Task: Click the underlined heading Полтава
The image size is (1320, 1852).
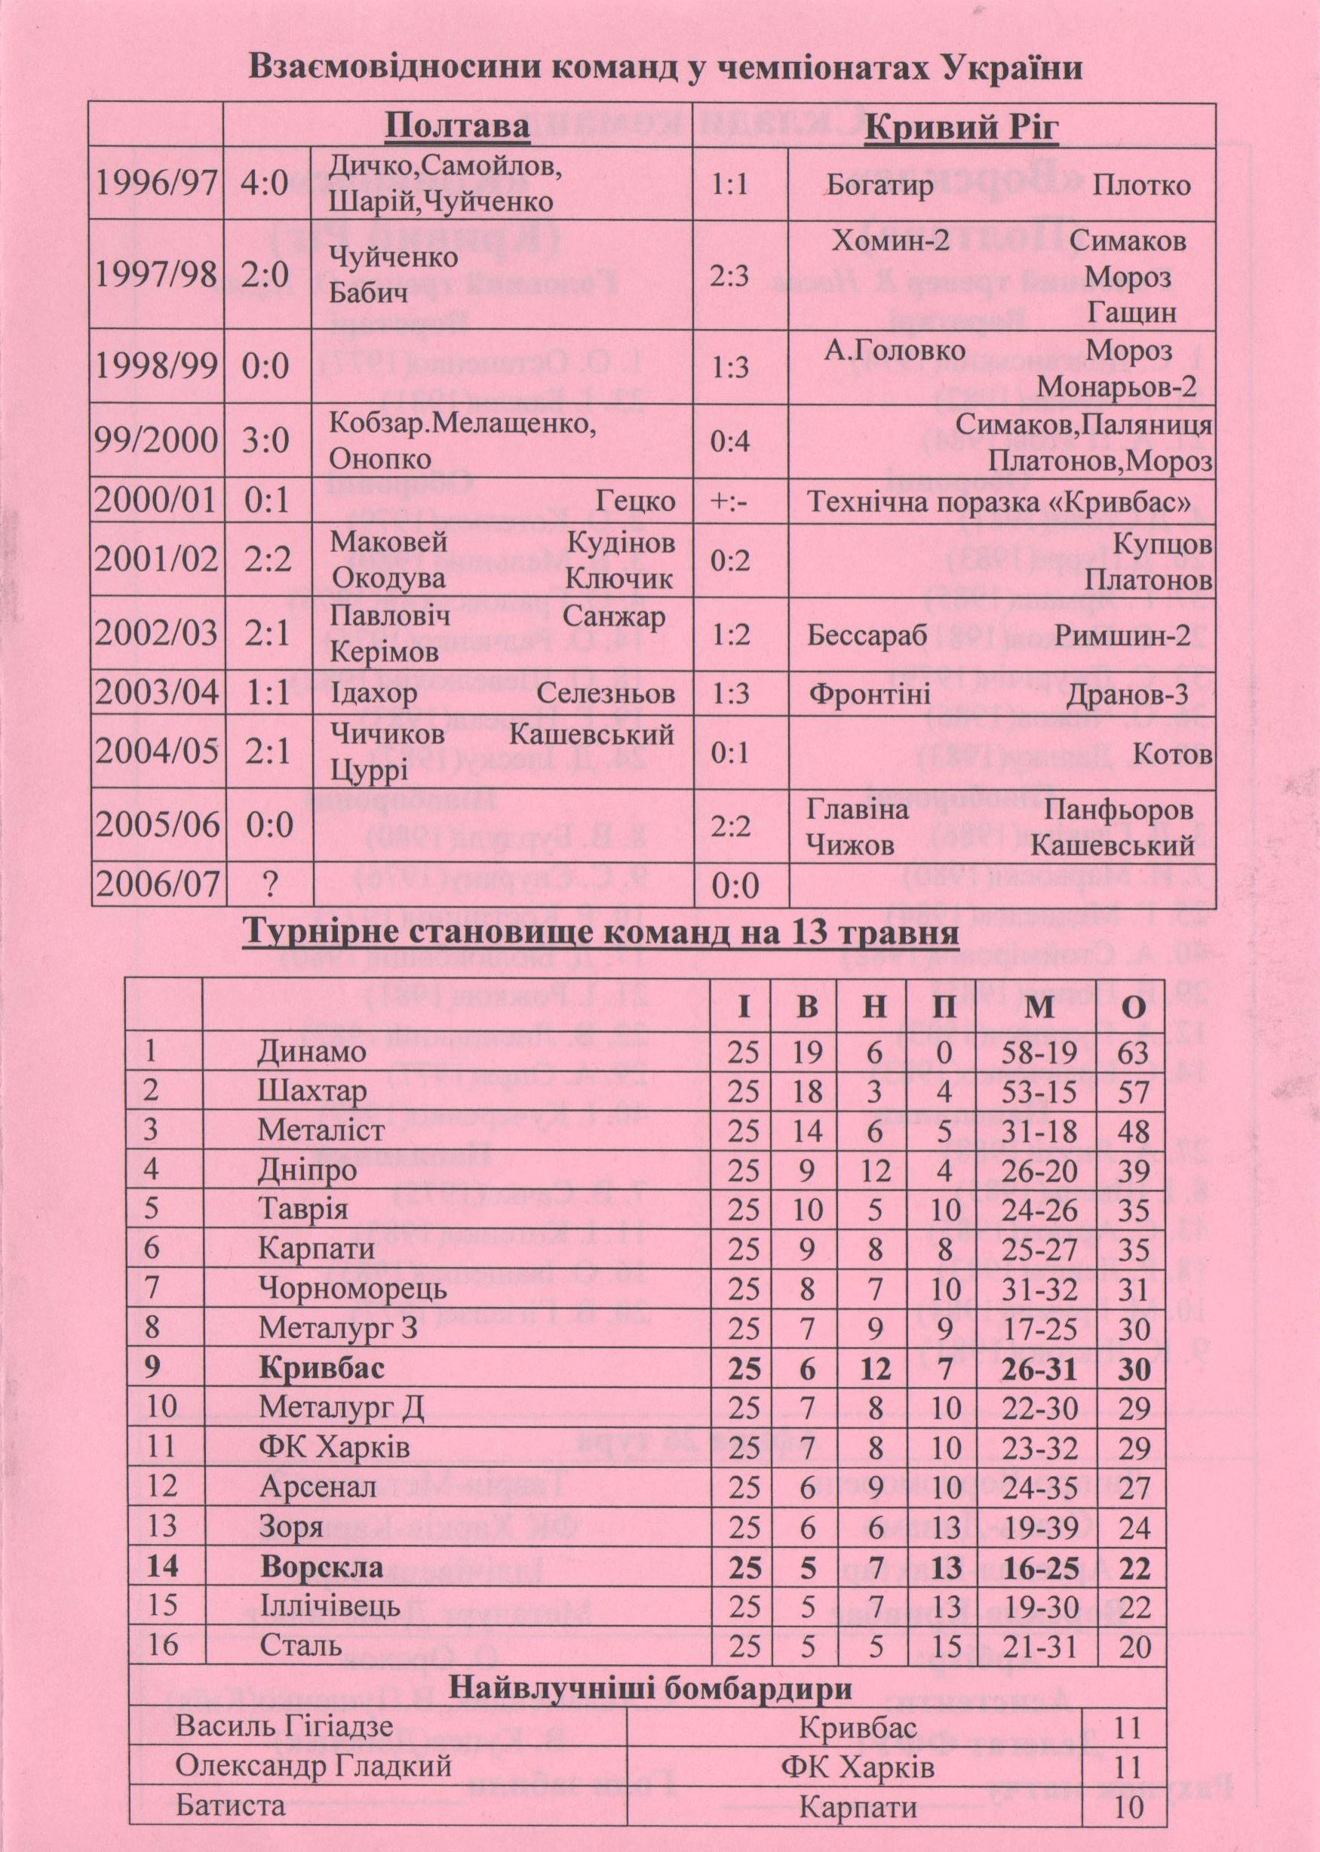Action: [x=457, y=127]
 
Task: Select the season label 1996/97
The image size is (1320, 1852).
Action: [x=156, y=183]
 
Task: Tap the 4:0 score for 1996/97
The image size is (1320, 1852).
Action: [x=265, y=183]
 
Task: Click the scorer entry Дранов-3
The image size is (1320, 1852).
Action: [x=1127, y=694]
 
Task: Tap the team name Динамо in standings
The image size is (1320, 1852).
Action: [x=312, y=1052]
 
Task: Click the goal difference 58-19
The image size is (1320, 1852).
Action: [x=1039, y=1053]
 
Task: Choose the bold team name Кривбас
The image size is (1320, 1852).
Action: [x=322, y=1369]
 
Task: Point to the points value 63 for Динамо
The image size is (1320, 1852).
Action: [x=1133, y=1053]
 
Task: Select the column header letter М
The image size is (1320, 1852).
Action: [x=1039, y=1008]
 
